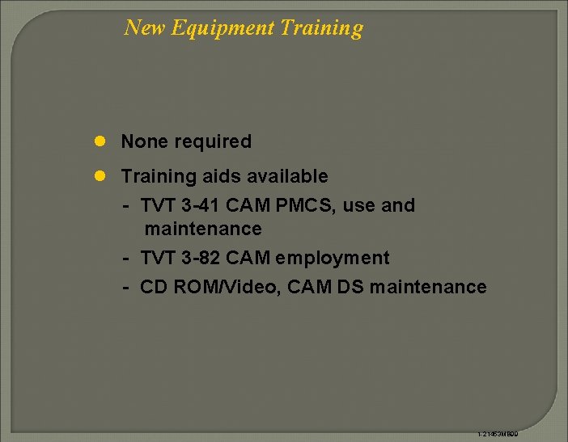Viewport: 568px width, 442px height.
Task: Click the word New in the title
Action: pos(143,28)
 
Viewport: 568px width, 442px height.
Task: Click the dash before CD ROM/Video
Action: pos(127,288)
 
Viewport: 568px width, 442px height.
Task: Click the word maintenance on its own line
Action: pos(203,229)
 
